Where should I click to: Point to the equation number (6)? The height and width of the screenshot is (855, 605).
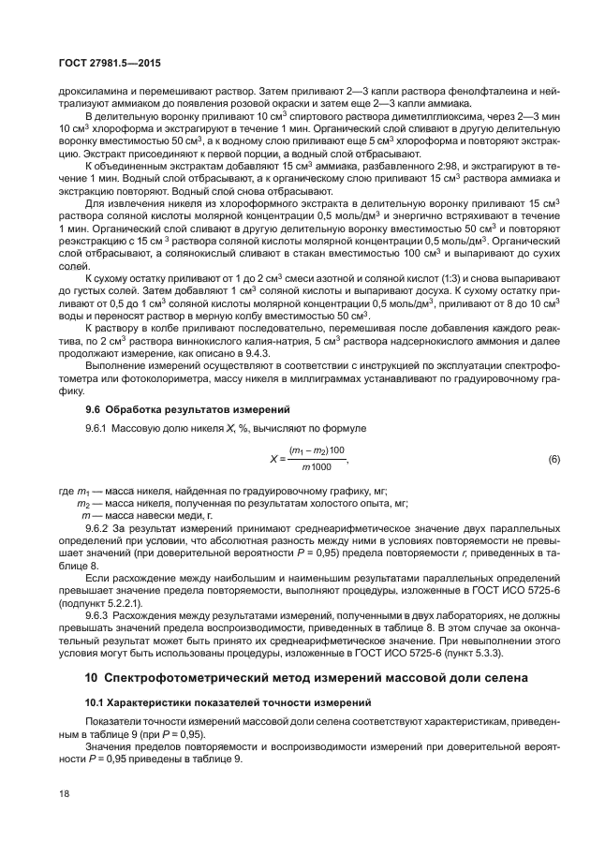coord(553,460)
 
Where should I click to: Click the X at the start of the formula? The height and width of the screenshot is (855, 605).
coord(273,460)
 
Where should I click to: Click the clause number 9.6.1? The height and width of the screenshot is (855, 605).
coord(101,428)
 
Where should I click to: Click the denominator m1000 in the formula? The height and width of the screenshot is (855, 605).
coord(321,467)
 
